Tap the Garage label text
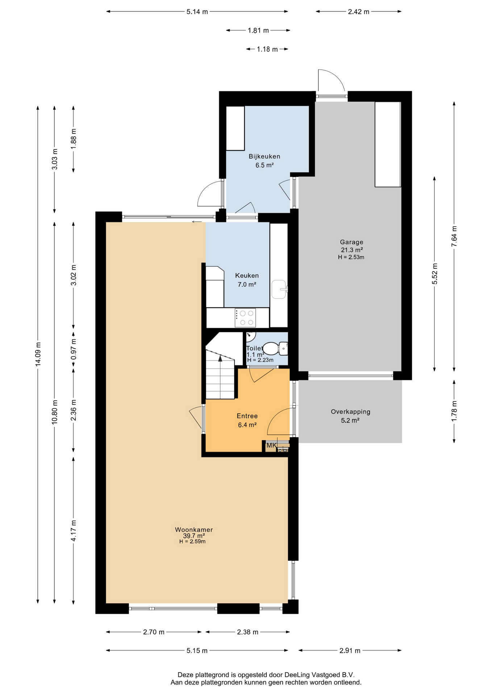coord(351,242)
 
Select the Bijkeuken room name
coord(264,156)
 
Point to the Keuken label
coord(247,275)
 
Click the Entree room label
coord(247,416)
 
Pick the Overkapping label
coord(350,412)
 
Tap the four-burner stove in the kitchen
coord(245,318)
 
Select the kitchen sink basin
coord(279,289)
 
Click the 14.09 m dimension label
coord(38,354)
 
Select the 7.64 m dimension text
coord(454,236)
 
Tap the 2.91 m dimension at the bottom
coord(350,650)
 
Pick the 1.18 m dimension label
coord(267,49)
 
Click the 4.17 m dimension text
coord(74,531)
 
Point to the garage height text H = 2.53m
coord(351,257)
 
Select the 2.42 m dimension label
coord(359,12)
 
